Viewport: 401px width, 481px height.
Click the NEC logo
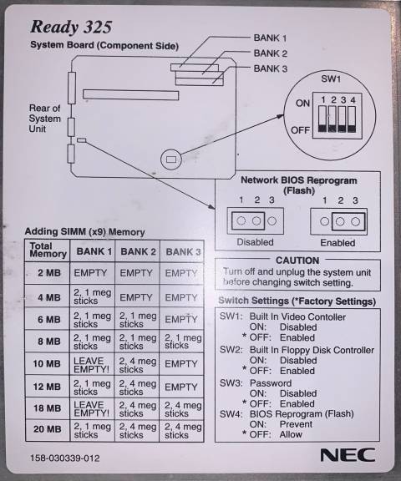348,454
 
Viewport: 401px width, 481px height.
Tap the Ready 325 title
71,27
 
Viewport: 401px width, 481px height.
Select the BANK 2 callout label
271,53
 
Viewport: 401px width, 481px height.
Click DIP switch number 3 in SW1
343,119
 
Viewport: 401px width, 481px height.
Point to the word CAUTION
297,261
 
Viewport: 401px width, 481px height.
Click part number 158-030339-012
64,458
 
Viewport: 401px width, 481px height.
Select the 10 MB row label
47,363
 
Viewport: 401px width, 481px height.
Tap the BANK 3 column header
183,252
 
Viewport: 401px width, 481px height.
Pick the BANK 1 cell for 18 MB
91,409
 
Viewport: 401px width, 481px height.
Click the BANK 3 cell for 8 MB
183,342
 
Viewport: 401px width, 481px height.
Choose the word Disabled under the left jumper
255,242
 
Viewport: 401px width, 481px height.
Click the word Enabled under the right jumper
338,243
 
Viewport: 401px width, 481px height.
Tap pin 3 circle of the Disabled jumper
272,220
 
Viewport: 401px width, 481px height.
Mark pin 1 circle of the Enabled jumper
324,221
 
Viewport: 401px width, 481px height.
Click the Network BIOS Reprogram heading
299,185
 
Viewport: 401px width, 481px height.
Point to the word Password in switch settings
271,383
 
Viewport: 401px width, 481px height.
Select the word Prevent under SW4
296,424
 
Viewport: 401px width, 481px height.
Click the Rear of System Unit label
45,119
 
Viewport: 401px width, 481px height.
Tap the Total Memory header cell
48,250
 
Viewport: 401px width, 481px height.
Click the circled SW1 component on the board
171,159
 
